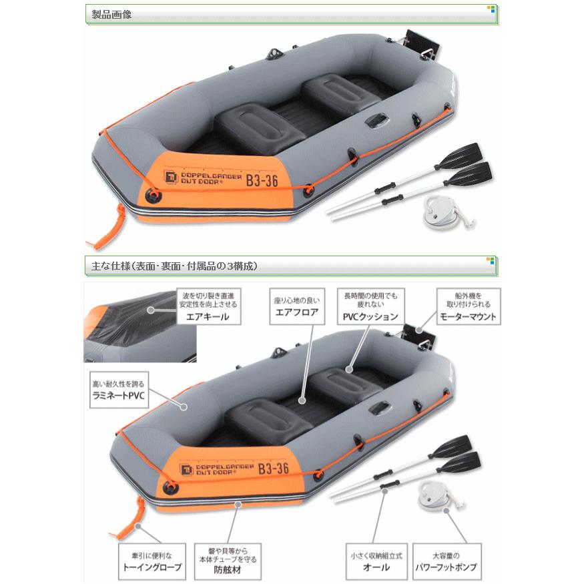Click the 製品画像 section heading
pyautogui.click(x=111, y=14)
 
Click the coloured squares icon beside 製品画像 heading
pyautogui.click(x=491, y=9)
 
